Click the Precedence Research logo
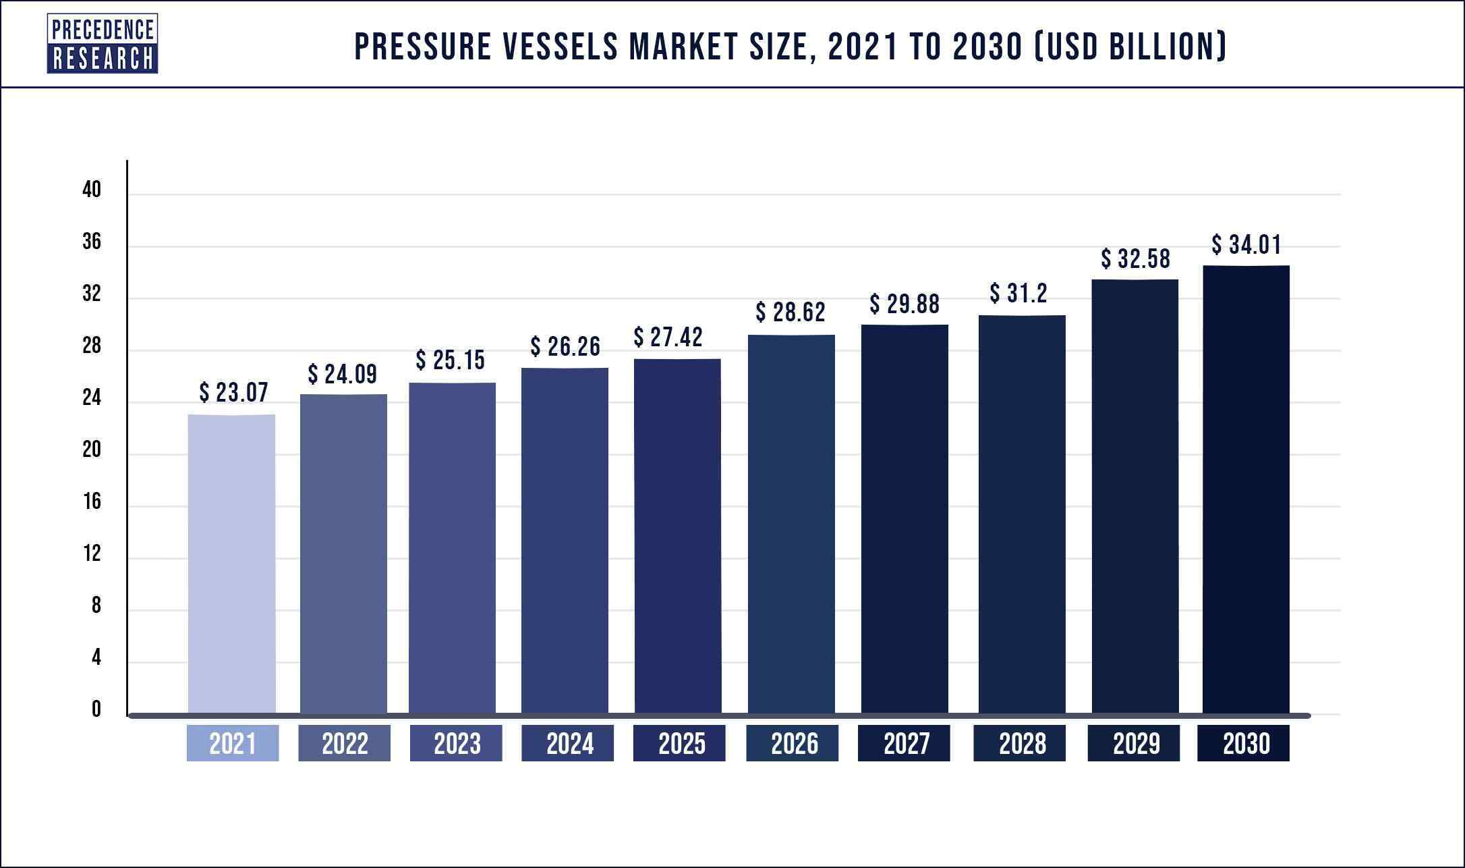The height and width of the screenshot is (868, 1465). (x=102, y=44)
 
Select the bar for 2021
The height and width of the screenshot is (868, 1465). (x=231, y=564)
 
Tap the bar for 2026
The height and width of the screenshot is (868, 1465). (x=791, y=524)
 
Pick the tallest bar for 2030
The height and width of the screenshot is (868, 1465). (x=1246, y=489)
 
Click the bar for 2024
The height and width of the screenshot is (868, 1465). (x=565, y=540)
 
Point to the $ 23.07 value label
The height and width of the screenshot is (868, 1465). (x=233, y=392)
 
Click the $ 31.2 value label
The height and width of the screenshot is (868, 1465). (x=1018, y=293)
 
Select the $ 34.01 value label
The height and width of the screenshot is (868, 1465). (x=1246, y=244)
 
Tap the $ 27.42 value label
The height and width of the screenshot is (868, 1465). (x=668, y=337)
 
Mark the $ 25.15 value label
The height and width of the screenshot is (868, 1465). (x=450, y=360)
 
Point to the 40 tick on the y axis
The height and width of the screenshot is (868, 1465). (x=92, y=190)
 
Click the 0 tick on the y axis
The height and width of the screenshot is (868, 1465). (x=96, y=709)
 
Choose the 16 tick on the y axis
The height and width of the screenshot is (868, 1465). (x=92, y=501)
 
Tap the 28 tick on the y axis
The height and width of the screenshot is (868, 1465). (x=92, y=346)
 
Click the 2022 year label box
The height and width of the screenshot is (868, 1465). (x=344, y=743)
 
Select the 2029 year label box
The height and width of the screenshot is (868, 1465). (x=1133, y=743)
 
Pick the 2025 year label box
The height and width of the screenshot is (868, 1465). (x=679, y=743)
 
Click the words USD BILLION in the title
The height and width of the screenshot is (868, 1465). (x=1130, y=47)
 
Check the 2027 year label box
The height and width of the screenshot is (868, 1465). (x=904, y=743)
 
